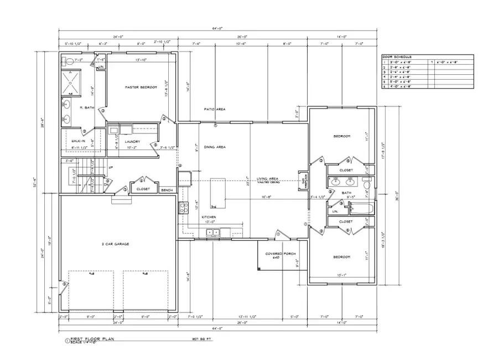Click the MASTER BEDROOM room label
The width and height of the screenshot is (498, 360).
(x=141, y=88)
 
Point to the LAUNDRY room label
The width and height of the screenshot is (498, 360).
(x=132, y=141)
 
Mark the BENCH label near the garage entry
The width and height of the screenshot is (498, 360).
(x=166, y=189)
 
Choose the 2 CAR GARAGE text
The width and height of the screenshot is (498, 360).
(x=115, y=244)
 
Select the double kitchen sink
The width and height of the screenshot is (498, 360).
(x=212, y=232)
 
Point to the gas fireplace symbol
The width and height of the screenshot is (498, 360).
(x=303, y=181)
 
